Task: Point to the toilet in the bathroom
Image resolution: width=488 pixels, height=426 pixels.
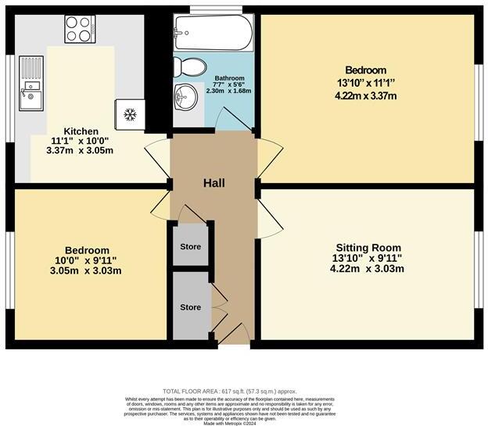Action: pos(189,66)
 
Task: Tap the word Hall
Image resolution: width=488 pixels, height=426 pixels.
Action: pos(214,183)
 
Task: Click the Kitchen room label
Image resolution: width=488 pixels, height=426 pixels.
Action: pos(81,131)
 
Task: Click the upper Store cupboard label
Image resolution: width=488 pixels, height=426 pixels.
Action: pos(190,246)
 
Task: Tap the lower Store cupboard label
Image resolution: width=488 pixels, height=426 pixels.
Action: pos(190,307)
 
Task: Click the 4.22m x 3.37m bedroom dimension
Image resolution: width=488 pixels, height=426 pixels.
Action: pos(367,96)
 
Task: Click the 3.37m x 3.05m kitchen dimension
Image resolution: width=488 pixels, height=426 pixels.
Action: pos(81,150)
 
